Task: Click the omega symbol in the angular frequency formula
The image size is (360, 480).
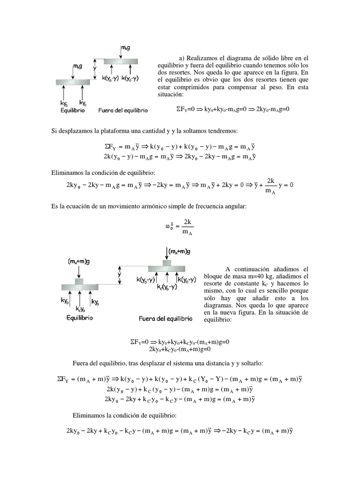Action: pos(167,227)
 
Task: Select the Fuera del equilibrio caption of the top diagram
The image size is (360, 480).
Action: pos(123,111)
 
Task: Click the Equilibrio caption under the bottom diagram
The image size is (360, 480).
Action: pos(77,317)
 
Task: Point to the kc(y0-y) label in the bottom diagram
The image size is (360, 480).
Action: pos(166,287)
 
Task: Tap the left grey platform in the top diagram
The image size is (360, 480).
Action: pos(73,82)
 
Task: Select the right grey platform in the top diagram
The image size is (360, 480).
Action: pos(120,61)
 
